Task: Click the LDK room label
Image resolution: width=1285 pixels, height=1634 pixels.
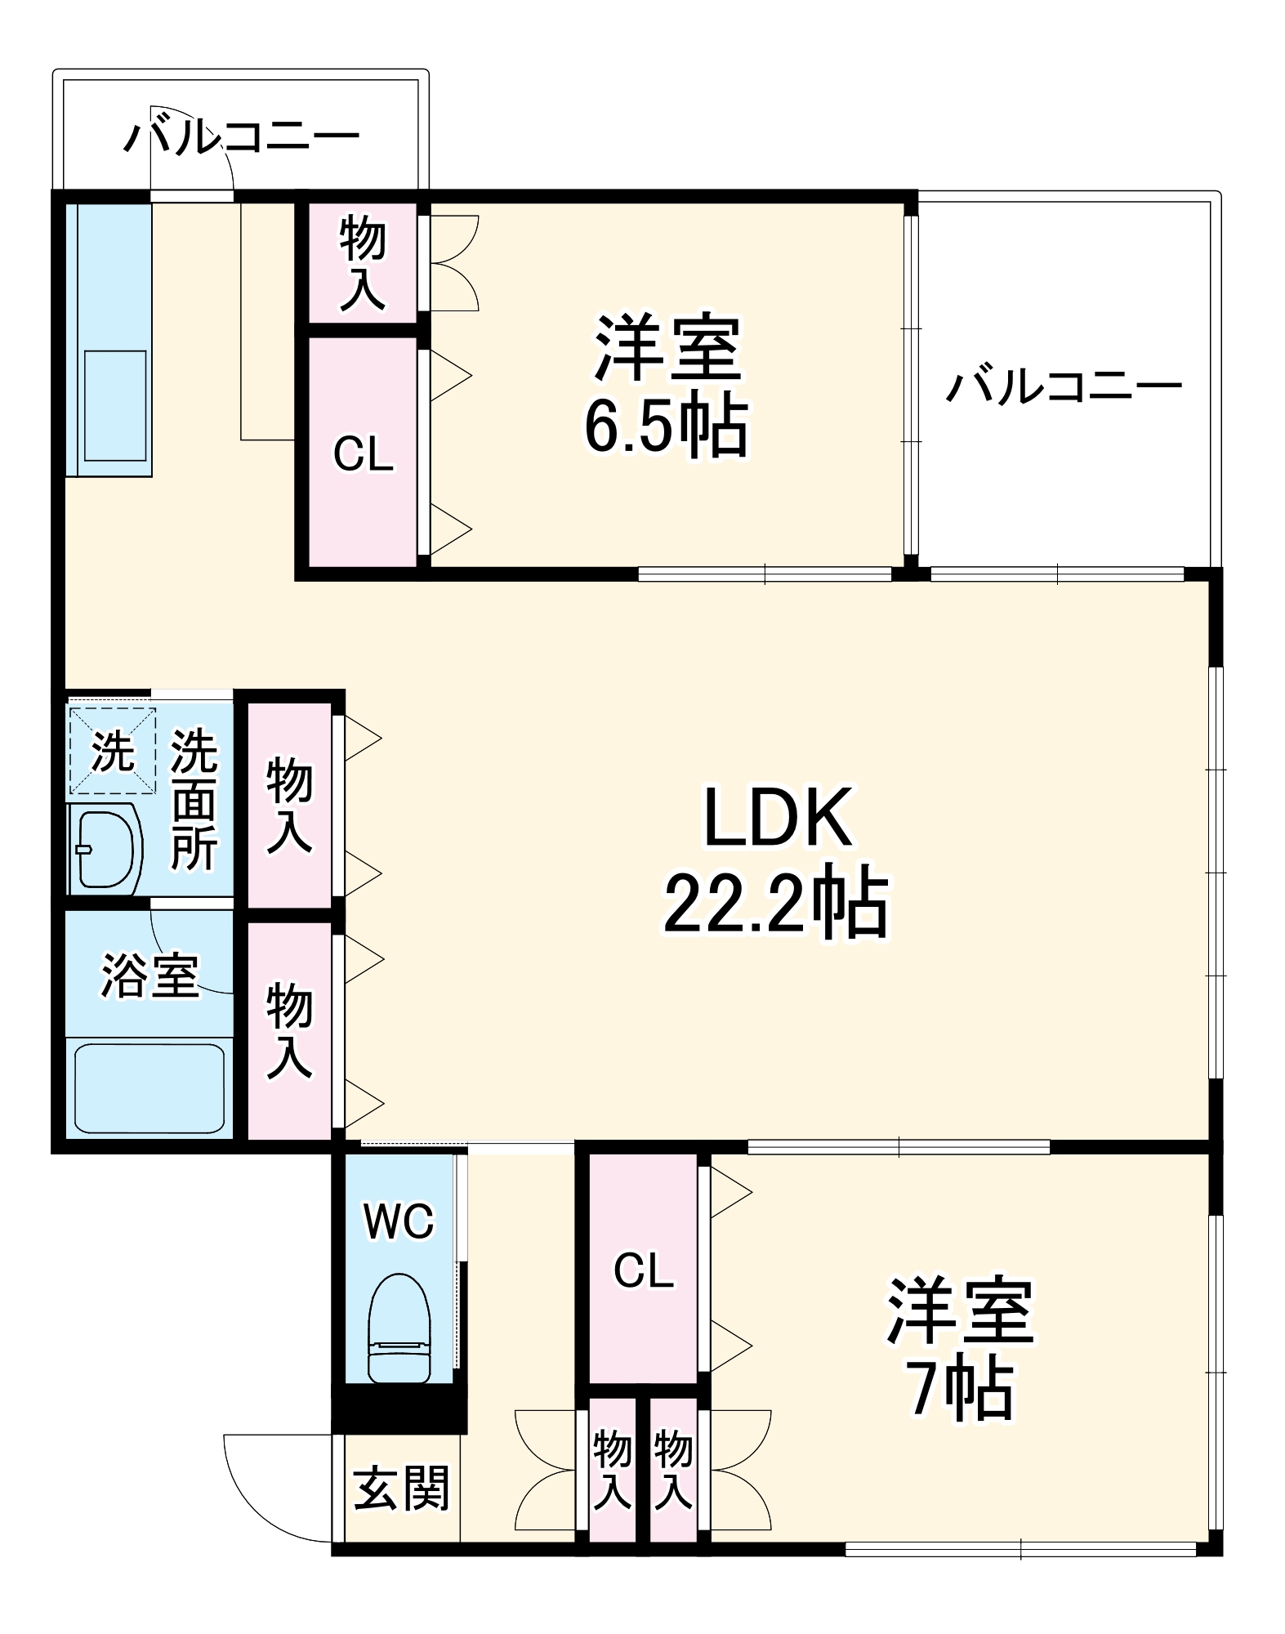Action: click(777, 816)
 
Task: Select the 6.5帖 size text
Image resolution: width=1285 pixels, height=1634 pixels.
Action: click(666, 426)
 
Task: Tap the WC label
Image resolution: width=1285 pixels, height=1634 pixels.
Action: click(399, 1222)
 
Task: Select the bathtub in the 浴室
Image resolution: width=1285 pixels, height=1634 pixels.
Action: click(149, 1087)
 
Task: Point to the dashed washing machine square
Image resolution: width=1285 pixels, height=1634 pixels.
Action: click(112, 751)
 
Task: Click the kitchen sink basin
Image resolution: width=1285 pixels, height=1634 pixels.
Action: click(114, 405)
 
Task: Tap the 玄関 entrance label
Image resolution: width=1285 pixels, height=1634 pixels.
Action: click(401, 1489)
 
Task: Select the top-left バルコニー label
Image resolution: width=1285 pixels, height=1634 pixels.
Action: click(241, 136)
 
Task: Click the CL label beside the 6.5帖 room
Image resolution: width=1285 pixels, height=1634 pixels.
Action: click(364, 454)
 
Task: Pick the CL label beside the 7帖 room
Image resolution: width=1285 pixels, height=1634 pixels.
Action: click(644, 1271)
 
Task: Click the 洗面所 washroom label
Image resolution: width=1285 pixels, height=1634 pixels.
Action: click(194, 800)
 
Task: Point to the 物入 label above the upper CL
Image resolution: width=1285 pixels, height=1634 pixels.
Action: click(363, 263)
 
